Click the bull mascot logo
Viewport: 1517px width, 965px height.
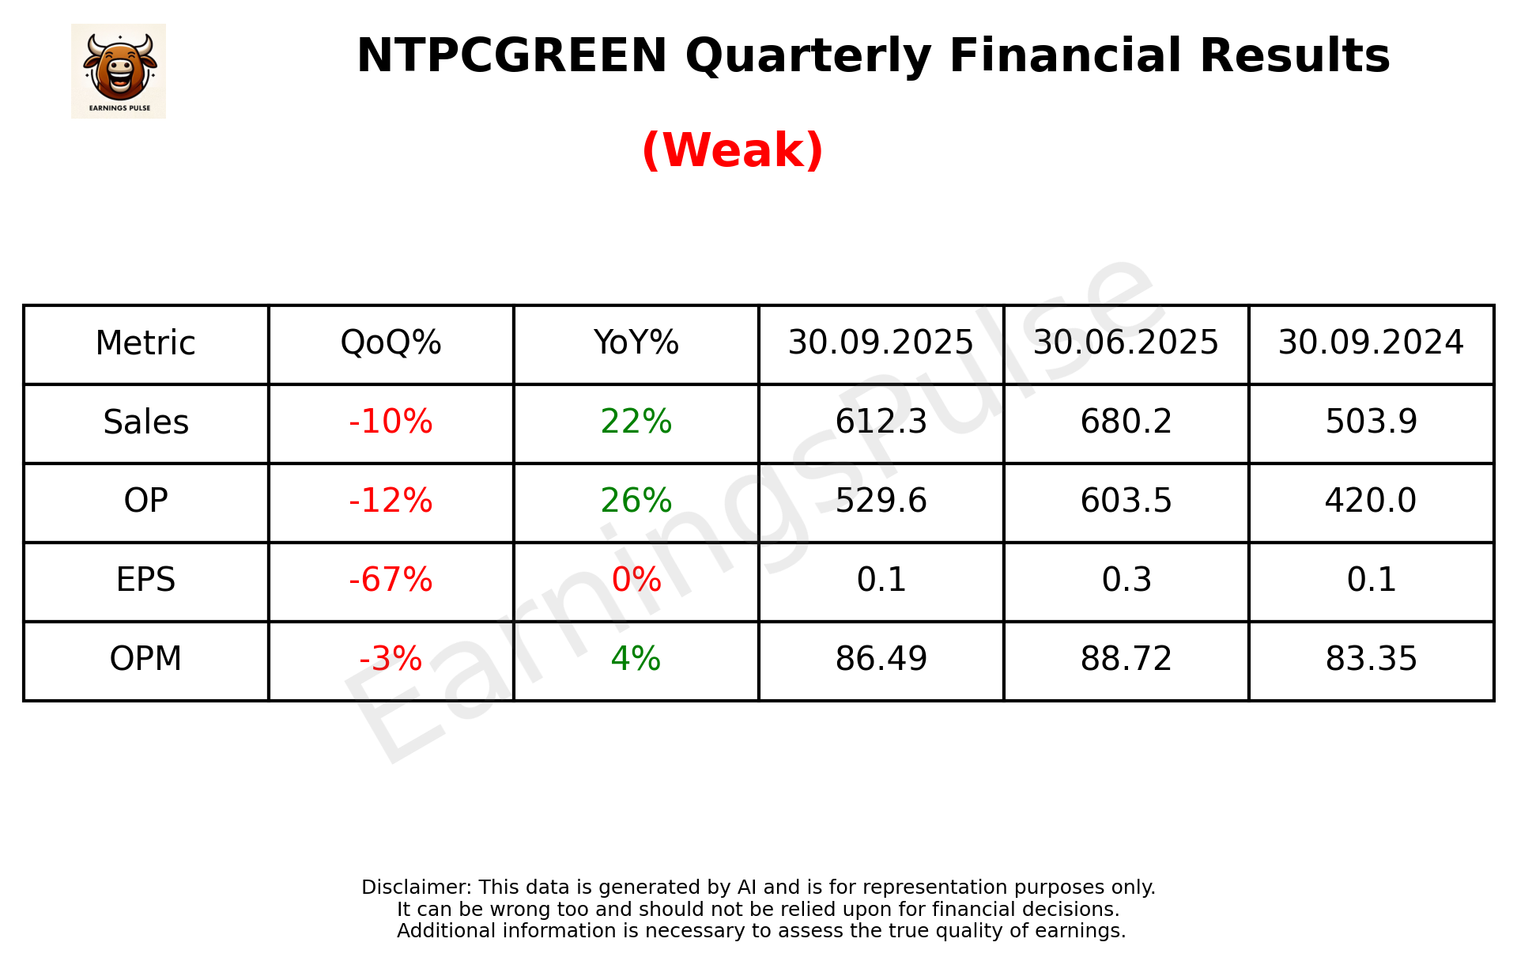(119, 70)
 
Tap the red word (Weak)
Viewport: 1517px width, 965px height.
(732, 150)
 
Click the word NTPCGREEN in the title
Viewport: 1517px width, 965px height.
(511, 56)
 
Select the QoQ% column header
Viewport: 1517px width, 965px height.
(391, 343)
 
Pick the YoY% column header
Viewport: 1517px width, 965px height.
(636, 343)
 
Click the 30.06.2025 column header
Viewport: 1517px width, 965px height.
(1126, 343)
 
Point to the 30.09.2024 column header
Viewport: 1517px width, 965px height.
(1371, 343)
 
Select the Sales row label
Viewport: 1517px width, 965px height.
(146, 422)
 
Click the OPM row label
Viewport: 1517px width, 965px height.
(146, 659)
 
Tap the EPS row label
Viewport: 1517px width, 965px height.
(146, 580)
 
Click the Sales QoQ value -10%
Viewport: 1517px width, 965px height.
(391, 422)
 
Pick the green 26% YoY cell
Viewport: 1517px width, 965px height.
(636, 501)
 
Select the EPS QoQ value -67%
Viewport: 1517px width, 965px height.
(391, 580)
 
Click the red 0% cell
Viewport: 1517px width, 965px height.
(636, 580)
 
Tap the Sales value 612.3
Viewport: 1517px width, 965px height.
(881, 422)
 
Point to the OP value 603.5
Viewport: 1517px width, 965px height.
(1126, 501)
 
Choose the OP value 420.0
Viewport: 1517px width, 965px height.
(1371, 501)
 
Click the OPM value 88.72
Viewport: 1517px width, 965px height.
(1126, 659)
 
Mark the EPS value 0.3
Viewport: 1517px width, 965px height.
(1126, 580)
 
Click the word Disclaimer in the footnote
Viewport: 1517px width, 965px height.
(415, 887)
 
